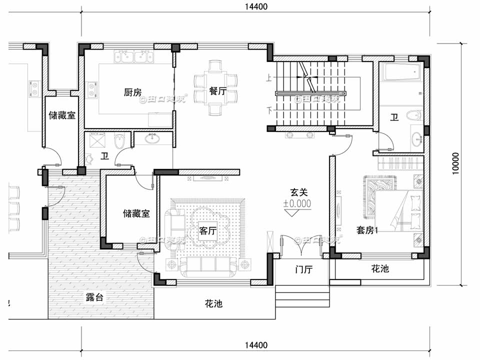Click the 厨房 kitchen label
click(x=132, y=92)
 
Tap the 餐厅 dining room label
click(x=218, y=91)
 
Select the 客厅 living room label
click(x=207, y=231)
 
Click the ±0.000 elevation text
click(x=297, y=203)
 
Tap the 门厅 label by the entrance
click(x=303, y=270)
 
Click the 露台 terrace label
click(x=94, y=297)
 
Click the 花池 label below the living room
click(x=213, y=303)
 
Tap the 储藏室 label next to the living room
click(x=136, y=213)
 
